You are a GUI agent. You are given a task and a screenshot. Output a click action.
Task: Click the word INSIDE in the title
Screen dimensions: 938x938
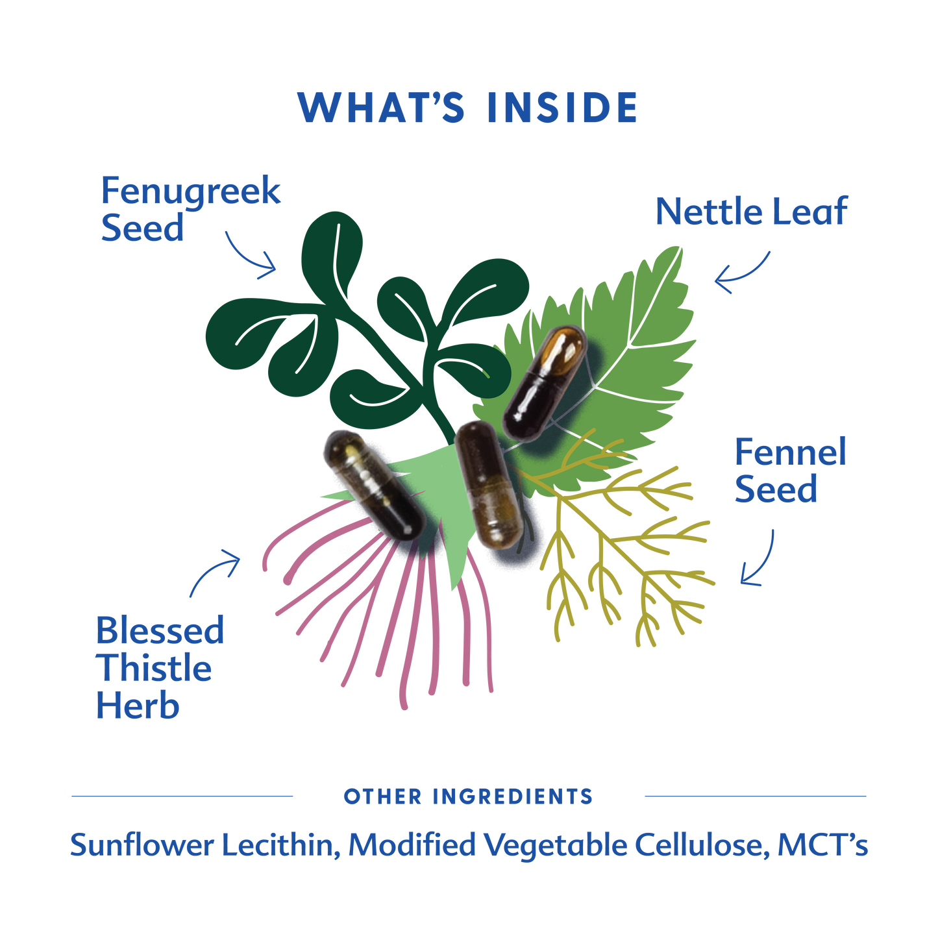click(x=562, y=108)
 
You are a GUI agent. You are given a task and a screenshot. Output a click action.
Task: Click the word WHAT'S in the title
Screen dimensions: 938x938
click(x=382, y=108)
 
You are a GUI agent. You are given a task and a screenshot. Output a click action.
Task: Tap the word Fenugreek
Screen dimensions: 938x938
click(x=191, y=191)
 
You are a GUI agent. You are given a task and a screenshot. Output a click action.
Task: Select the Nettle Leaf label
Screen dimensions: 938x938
click(x=751, y=212)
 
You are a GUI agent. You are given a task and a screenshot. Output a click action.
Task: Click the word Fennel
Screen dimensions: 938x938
click(x=790, y=452)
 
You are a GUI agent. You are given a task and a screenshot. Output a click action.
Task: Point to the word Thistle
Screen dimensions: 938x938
click(x=154, y=669)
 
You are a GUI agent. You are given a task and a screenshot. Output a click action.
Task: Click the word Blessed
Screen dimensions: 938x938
click(x=160, y=630)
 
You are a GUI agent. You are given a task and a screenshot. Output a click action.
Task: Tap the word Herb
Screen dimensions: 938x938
click(x=137, y=706)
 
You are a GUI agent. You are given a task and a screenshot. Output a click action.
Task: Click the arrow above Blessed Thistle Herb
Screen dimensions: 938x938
click(x=215, y=571)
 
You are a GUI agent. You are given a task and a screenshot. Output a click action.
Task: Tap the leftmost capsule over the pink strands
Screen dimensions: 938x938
click(x=373, y=484)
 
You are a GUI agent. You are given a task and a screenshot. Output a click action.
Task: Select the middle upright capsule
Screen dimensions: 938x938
click(x=488, y=484)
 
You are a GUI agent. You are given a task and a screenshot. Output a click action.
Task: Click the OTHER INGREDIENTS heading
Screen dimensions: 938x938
click(x=467, y=796)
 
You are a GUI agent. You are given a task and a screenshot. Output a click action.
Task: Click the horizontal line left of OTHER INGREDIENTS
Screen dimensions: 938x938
click(x=182, y=796)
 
